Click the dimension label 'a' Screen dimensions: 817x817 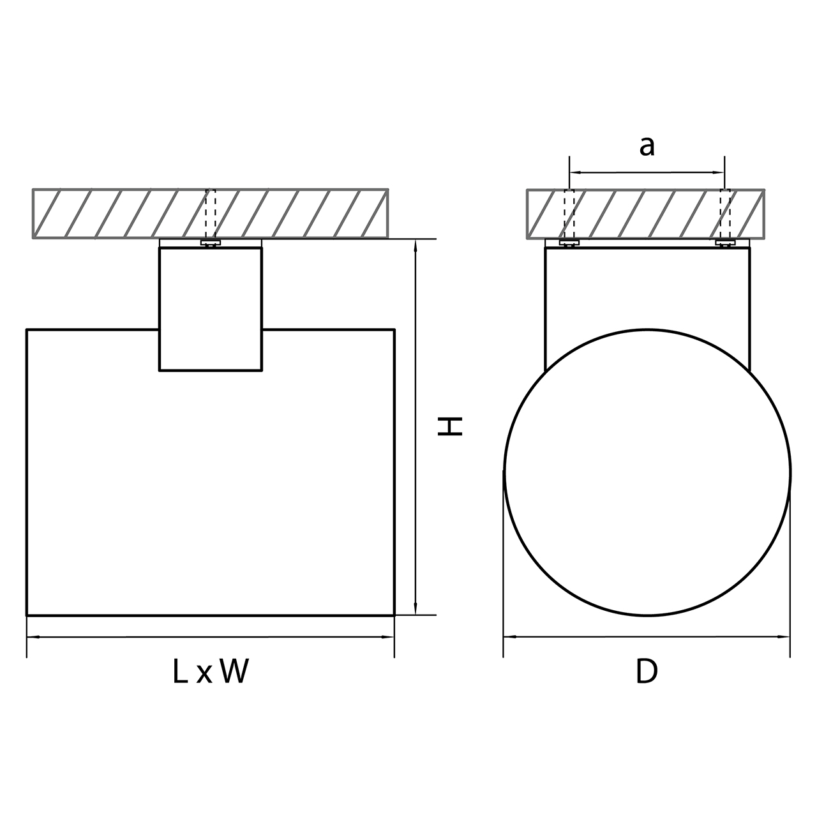coord(647,147)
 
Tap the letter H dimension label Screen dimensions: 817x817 coord(450,426)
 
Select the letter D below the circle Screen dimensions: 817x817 coord(647,671)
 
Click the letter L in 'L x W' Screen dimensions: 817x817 coord(180,671)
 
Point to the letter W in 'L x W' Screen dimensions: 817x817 coord(233,671)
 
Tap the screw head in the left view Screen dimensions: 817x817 coord(211,243)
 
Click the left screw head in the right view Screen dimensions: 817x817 coord(569,243)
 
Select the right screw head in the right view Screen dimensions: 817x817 coord(725,243)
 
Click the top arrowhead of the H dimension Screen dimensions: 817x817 coord(416,246)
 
